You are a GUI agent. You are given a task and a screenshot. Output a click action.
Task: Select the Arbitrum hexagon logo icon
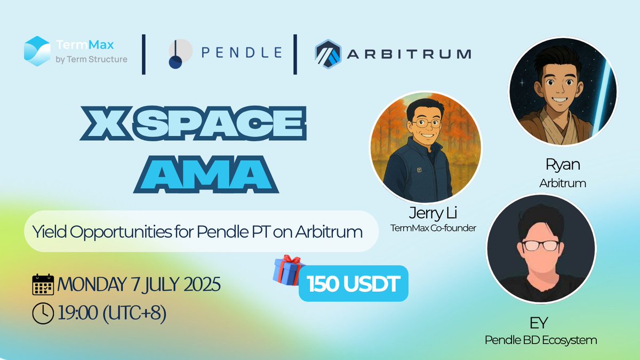pyautogui.click(x=327, y=54)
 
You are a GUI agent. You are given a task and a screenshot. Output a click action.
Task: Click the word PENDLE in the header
pyautogui.click(x=242, y=52)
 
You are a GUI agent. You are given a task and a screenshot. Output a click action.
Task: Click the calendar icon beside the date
pyautogui.click(x=43, y=285)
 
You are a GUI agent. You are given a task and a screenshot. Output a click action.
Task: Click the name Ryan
pyautogui.click(x=563, y=164)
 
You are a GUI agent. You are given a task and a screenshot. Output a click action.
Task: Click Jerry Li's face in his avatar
pyautogui.click(x=425, y=122)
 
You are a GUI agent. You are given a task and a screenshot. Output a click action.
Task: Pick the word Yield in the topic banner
pyautogui.click(x=47, y=231)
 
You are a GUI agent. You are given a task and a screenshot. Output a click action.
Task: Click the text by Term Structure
pyautogui.click(x=91, y=59)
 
